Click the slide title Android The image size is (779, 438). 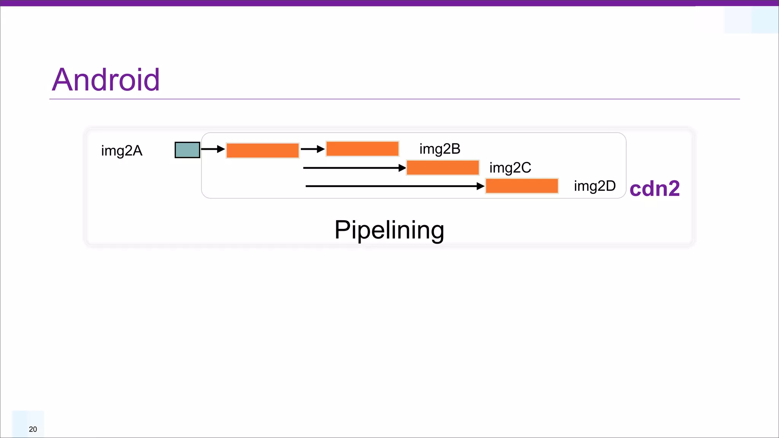coord(106,80)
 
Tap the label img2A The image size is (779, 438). coord(122,151)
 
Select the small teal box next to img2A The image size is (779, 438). coord(187,150)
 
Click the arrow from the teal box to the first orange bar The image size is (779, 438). coord(212,149)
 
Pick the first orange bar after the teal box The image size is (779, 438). coord(262,151)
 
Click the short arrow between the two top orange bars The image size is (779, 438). coord(312,149)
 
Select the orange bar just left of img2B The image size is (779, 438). coord(362,149)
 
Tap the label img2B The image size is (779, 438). coord(440,149)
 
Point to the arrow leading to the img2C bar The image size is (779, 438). coord(354,168)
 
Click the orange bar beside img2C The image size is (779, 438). coord(442,168)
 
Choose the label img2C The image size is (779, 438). coord(510,168)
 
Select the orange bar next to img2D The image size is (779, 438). coord(522,186)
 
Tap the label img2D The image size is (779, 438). coord(595,186)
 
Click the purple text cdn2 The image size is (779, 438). coord(654,189)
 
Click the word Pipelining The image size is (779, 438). coord(389,230)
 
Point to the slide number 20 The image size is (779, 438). coord(33,429)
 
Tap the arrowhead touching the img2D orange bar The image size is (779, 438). coord(480,186)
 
